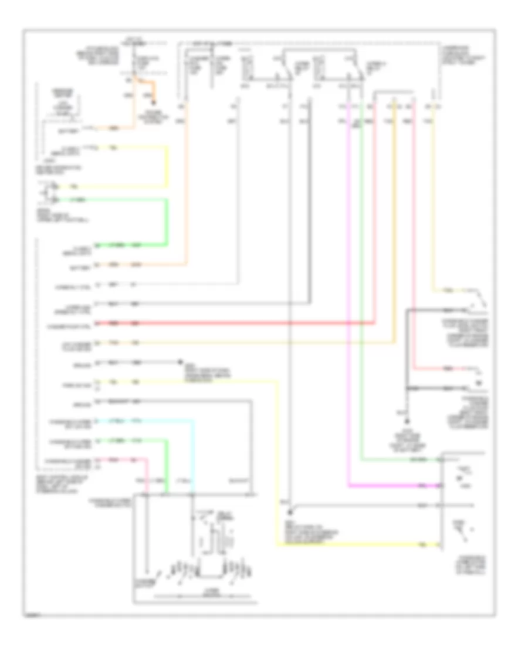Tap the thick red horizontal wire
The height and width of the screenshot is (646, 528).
pyautogui.click(x=235, y=323)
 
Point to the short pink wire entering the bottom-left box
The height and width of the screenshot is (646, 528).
pyautogui.click(x=147, y=476)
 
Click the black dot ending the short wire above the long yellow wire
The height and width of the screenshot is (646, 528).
pyautogui.click(x=181, y=362)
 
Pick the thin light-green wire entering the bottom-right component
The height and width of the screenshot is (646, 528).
pyautogui.click(x=399, y=459)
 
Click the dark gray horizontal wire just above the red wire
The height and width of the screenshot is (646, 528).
pyautogui.click(x=235, y=304)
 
